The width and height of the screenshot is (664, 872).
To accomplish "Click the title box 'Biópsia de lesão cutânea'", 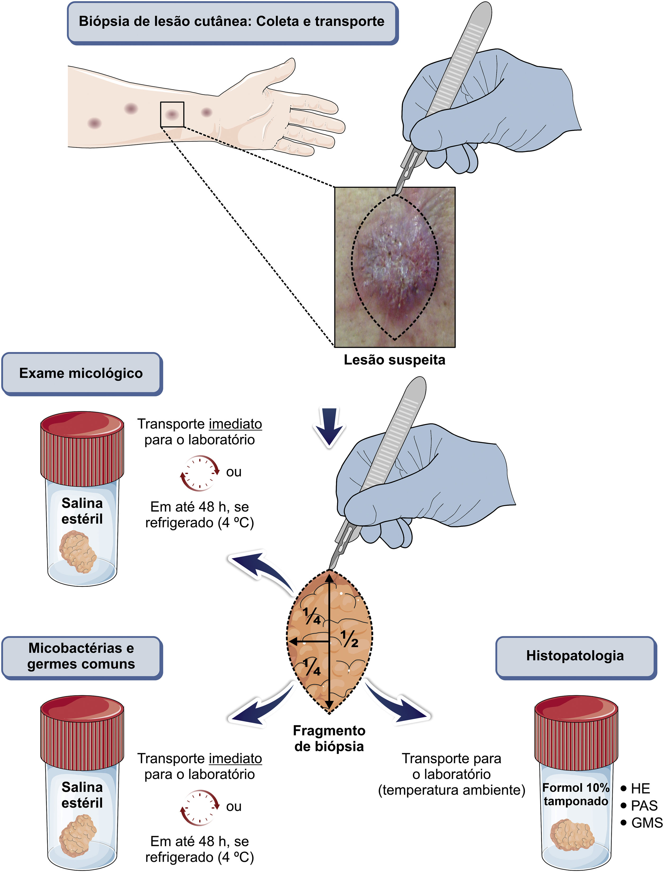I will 232,22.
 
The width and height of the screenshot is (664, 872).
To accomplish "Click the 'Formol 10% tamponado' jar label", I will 576,794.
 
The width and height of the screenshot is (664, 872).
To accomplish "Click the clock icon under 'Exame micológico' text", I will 200,473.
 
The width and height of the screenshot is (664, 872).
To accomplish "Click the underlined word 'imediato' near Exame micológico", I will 235,424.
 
